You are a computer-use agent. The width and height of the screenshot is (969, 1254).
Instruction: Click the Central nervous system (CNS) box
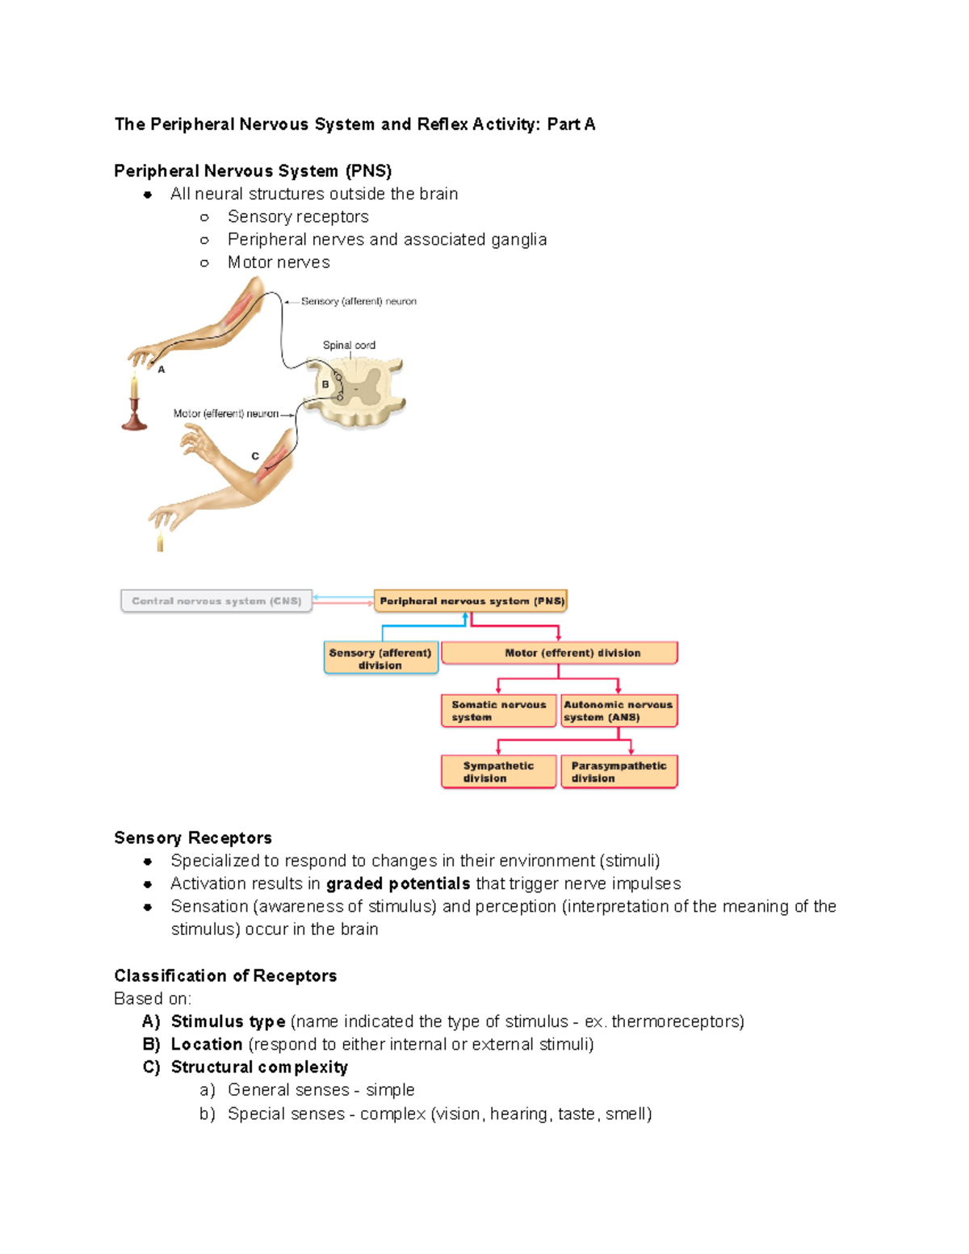tap(216, 601)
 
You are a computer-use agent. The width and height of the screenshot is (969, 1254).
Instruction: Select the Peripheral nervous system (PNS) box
tap(471, 601)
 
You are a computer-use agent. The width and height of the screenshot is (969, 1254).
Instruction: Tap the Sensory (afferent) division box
tap(380, 658)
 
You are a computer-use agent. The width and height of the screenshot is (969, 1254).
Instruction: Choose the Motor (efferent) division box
tap(559, 652)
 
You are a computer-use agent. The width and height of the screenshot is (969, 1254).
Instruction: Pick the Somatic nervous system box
tap(498, 711)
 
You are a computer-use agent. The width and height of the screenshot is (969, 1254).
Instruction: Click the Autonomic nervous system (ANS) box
tap(619, 711)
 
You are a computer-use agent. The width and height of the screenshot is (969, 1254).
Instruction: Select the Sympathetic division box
tap(498, 771)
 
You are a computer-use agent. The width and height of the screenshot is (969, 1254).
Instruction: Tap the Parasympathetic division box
tap(619, 771)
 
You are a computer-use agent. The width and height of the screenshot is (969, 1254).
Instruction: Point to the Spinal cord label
tap(349, 345)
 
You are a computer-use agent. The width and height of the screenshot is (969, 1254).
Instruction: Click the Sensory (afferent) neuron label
tap(359, 301)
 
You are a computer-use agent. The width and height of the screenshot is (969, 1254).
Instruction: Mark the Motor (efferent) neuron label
tap(226, 413)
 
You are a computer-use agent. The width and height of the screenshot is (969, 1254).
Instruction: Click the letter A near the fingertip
tap(161, 370)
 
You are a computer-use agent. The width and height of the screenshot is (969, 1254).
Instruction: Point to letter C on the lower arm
tap(255, 456)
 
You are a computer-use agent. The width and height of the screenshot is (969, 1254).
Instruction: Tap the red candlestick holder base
tap(134, 421)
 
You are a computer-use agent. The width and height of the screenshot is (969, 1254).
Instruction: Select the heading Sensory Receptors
tap(193, 837)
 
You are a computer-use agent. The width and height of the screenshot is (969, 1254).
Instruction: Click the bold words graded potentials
tap(398, 883)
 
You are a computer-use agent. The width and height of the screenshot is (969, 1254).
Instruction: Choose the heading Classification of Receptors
tap(225, 975)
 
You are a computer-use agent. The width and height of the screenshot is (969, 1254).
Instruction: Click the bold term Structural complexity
tap(259, 1067)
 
